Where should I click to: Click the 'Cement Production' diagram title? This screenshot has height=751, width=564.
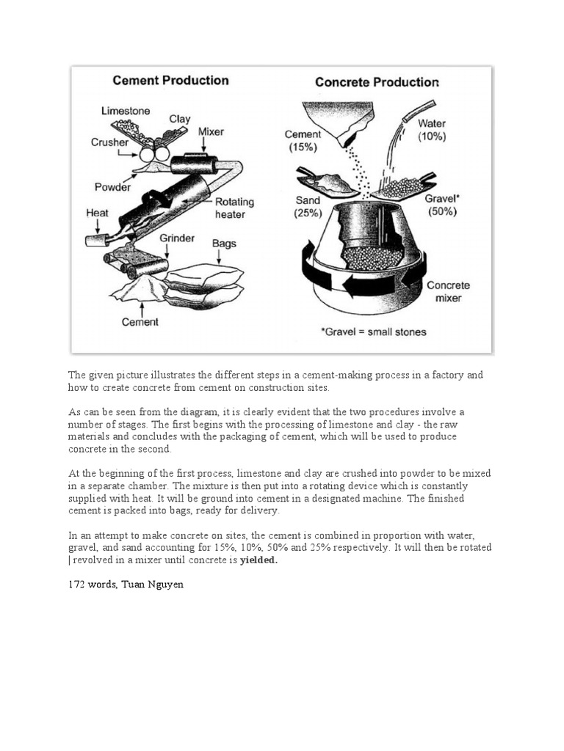click(x=170, y=81)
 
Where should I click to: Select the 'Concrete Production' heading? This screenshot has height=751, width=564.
click(x=377, y=81)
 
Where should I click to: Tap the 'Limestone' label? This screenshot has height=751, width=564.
click(x=126, y=111)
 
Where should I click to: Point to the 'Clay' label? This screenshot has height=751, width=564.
click(x=180, y=119)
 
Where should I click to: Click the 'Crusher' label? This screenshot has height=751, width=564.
click(x=109, y=142)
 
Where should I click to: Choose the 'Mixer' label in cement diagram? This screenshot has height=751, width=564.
click(x=211, y=132)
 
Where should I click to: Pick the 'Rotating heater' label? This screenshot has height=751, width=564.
click(x=234, y=208)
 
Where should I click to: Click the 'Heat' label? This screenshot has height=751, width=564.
click(x=97, y=213)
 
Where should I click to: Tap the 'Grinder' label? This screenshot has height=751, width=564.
click(x=177, y=238)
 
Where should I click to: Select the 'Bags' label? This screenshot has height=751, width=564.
click(x=223, y=243)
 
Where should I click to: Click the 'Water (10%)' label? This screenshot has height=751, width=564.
click(x=432, y=130)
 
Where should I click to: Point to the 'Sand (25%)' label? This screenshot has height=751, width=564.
click(x=308, y=206)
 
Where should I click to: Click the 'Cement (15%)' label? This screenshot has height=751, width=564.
click(x=303, y=140)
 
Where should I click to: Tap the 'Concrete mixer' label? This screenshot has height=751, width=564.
click(x=448, y=291)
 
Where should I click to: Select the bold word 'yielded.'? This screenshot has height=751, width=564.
click(x=259, y=560)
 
